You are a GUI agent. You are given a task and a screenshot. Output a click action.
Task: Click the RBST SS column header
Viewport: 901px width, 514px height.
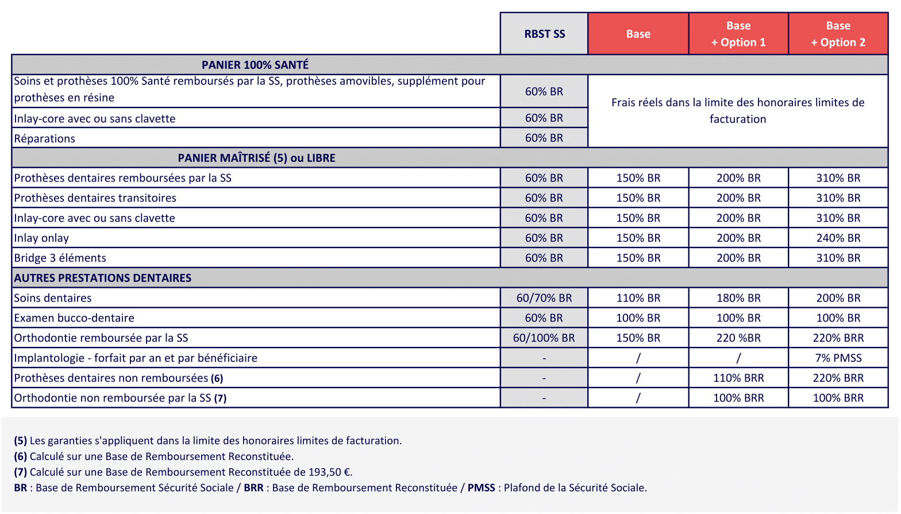click(544, 34)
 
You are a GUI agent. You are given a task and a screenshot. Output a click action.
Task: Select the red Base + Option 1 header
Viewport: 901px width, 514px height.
click(738, 34)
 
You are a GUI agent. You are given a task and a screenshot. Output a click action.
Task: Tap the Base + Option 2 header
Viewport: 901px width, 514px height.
click(838, 34)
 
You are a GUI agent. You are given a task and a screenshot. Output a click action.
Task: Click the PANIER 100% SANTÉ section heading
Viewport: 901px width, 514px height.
click(255, 65)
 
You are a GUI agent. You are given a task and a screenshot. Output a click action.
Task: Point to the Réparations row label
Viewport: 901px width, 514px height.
click(45, 138)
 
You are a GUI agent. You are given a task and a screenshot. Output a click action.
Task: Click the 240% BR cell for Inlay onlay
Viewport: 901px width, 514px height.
click(838, 238)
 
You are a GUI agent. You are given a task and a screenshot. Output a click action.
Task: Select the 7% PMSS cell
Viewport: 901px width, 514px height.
click(838, 358)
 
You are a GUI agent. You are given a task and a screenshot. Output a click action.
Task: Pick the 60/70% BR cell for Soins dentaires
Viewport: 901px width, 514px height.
click(544, 298)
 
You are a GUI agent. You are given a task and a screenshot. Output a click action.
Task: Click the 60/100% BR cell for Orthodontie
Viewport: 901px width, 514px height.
click(544, 338)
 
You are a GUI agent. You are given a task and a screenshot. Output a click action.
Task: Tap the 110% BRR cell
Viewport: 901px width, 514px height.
click(738, 378)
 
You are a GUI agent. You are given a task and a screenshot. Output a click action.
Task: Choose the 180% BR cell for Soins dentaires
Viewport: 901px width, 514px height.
click(738, 298)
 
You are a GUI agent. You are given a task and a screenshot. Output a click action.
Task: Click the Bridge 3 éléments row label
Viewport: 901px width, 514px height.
click(60, 258)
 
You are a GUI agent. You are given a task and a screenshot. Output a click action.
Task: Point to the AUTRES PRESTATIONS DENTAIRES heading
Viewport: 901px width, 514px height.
click(103, 278)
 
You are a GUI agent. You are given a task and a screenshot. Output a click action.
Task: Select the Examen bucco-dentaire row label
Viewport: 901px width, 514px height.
click(74, 318)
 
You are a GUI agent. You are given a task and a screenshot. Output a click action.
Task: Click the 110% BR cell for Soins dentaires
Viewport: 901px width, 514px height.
click(638, 298)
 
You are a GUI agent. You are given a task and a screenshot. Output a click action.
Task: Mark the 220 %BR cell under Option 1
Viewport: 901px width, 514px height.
click(738, 338)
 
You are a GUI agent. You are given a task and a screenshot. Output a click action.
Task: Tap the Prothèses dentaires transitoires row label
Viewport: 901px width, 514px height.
click(95, 198)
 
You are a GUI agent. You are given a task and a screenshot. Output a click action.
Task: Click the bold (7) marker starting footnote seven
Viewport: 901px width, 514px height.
click(21, 472)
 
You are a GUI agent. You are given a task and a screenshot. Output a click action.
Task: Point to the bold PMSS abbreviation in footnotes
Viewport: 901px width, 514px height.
click(481, 488)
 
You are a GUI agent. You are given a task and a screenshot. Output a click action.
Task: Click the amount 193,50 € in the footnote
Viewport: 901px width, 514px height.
click(329, 472)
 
